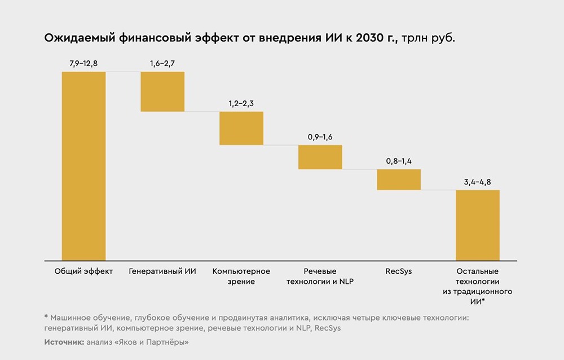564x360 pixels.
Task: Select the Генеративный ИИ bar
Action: coord(162,91)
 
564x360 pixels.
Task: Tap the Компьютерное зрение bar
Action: coord(241,128)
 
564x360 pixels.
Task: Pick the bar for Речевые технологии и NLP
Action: coord(320,157)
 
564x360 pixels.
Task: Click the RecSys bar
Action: coord(399,179)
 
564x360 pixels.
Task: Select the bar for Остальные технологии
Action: coord(478,225)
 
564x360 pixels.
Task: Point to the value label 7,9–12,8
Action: coord(83,63)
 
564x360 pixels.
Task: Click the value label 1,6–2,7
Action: coord(162,63)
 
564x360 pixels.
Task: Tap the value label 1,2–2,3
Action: coord(241,103)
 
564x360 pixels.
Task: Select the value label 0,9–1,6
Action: coord(320,137)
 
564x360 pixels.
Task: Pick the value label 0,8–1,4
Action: coord(399,161)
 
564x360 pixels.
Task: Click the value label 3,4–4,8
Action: coord(478,182)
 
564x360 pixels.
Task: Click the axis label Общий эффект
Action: coord(83,271)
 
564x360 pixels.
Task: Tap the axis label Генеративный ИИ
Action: coord(162,271)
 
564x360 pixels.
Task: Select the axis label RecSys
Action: coord(399,271)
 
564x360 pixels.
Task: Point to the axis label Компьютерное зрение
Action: coord(241,276)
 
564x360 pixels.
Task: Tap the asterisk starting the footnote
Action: coord(46,317)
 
